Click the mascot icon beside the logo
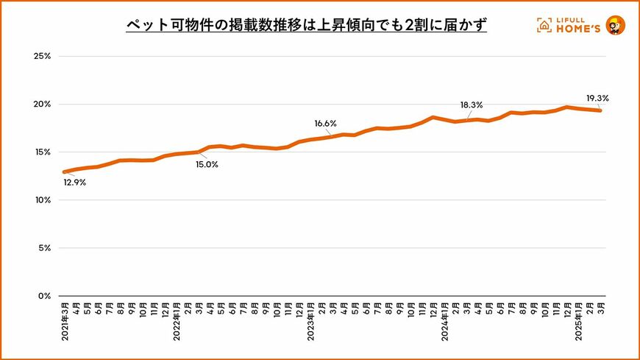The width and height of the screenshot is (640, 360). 615,25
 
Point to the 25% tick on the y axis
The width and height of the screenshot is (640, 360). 40,56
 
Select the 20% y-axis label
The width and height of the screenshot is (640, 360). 40,104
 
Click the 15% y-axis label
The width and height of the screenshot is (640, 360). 40,152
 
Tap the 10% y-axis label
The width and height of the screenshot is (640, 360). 40,200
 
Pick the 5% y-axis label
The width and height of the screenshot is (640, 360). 43,248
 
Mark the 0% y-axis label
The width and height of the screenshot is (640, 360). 43,296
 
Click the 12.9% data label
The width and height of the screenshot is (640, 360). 74,183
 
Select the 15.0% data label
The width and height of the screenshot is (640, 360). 207,164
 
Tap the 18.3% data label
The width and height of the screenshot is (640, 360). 472,105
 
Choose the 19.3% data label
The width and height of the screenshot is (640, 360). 597,97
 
